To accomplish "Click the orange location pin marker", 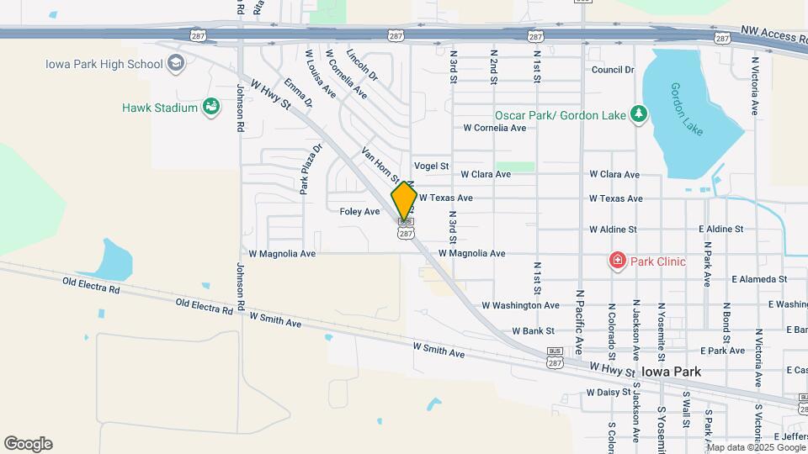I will click(404, 201).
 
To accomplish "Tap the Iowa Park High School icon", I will click(175, 64).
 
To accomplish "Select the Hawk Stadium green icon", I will click(211, 107).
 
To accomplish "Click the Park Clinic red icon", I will click(617, 261).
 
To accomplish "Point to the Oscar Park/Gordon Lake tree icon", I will click(639, 114).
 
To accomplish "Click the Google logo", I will click(28, 444).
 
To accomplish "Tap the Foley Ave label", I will click(360, 212).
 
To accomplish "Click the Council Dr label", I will click(612, 70).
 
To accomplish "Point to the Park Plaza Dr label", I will click(309, 169).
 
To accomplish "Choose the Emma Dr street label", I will click(298, 92).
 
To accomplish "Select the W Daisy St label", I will click(608, 393).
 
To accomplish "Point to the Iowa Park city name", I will click(671, 371).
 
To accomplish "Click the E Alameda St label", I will click(758, 278).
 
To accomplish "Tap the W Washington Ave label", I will click(520, 305).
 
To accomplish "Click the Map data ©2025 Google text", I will click(755, 446).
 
